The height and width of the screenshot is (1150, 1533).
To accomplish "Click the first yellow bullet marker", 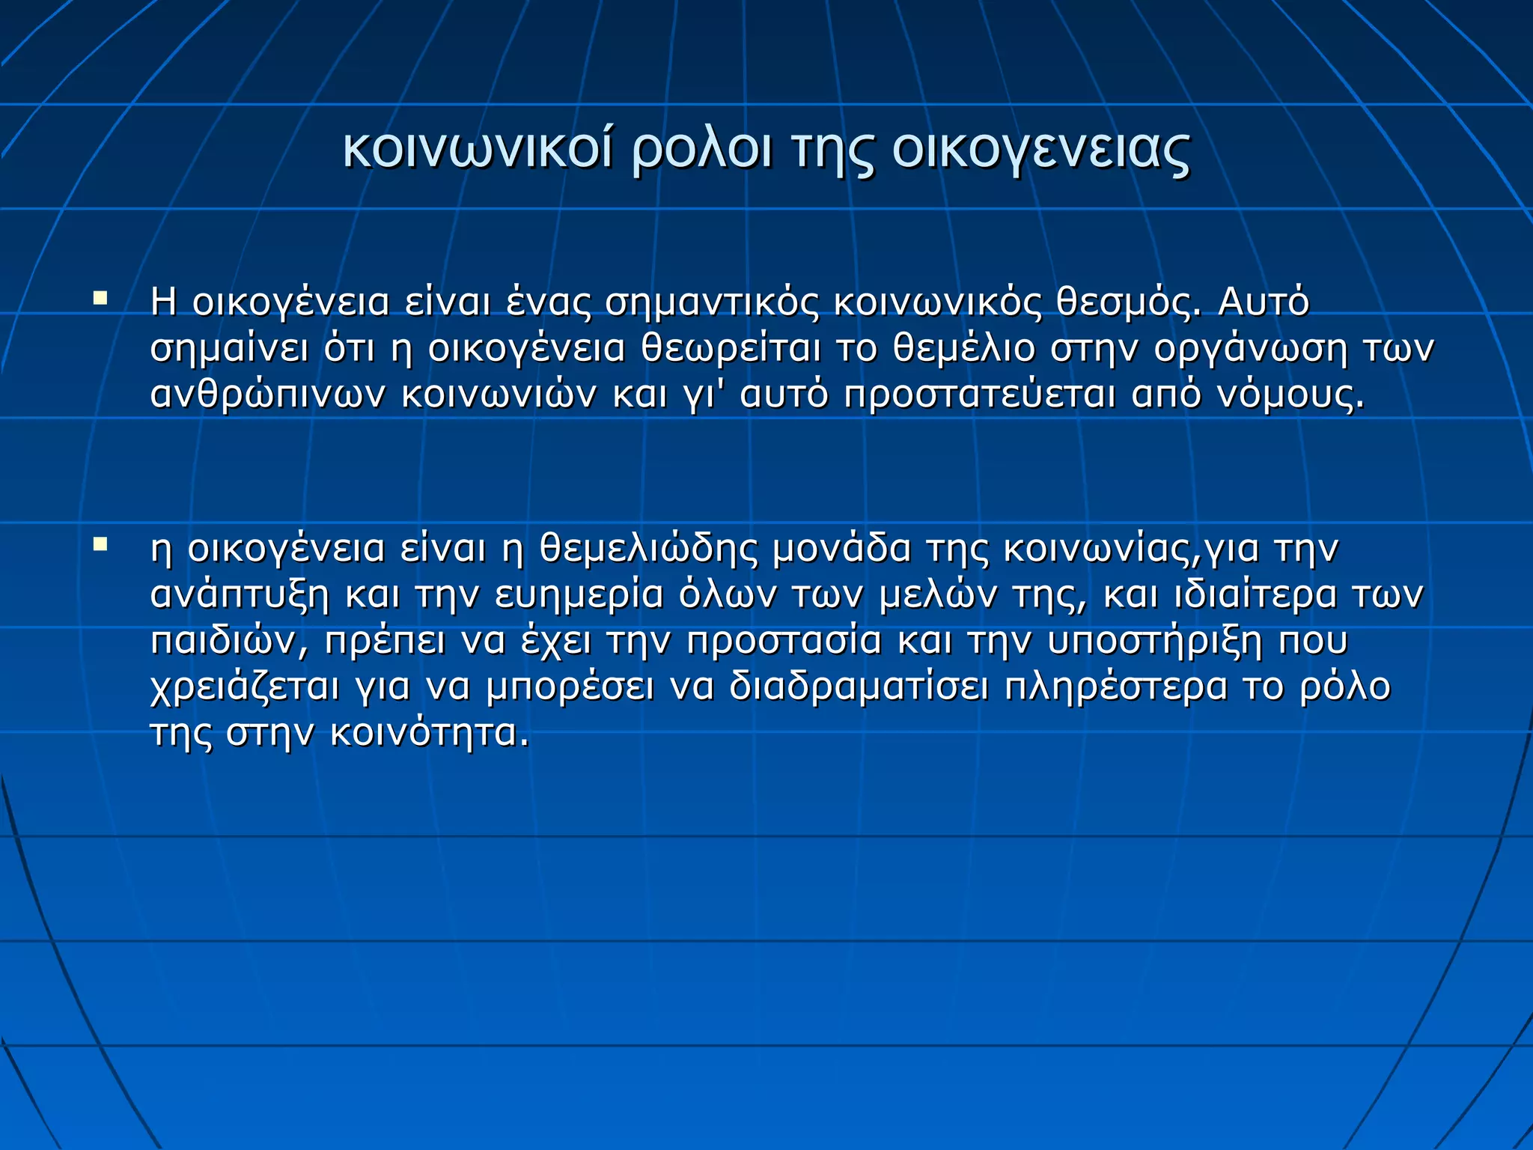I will pos(100,299).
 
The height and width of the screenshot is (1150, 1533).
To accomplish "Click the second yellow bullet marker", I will pos(100,545).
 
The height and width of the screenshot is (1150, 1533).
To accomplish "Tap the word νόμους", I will pos(1290,395).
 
